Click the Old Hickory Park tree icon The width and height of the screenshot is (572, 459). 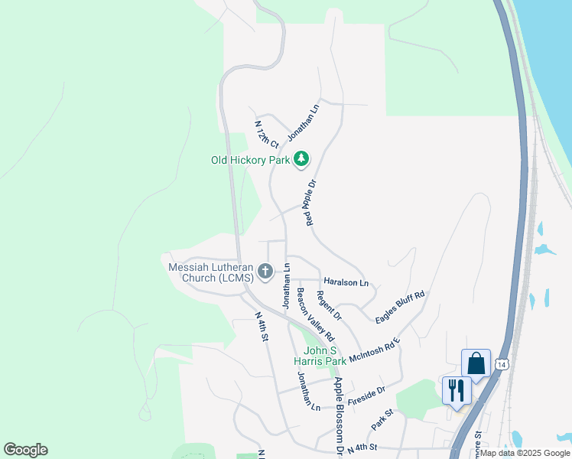click(x=302, y=159)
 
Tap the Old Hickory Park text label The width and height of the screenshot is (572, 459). click(x=251, y=161)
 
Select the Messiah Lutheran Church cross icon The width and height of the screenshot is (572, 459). click(x=265, y=271)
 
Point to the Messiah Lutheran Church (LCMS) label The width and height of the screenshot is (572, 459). click(x=211, y=272)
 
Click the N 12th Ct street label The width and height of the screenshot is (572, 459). click(x=266, y=134)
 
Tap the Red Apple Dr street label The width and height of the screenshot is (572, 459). click(x=310, y=203)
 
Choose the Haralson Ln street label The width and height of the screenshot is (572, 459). click(x=346, y=282)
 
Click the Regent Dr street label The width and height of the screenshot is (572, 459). click(x=329, y=305)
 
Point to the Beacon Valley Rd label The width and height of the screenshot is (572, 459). click(x=316, y=314)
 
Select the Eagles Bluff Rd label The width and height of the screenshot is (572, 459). click(x=400, y=307)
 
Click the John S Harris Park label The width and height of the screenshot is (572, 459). click(x=320, y=355)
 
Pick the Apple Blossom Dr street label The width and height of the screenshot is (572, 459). click(x=338, y=414)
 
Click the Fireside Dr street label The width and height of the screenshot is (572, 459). click(x=366, y=396)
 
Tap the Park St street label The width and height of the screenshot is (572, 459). click(x=382, y=418)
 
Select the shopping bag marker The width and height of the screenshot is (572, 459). click(x=476, y=363)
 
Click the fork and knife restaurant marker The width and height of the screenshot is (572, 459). click(x=457, y=390)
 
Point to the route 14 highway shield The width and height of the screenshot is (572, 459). click(x=501, y=366)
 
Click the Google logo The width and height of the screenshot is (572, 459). click(x=25, y=450)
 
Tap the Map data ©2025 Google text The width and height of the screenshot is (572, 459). click(x=524, y=453)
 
